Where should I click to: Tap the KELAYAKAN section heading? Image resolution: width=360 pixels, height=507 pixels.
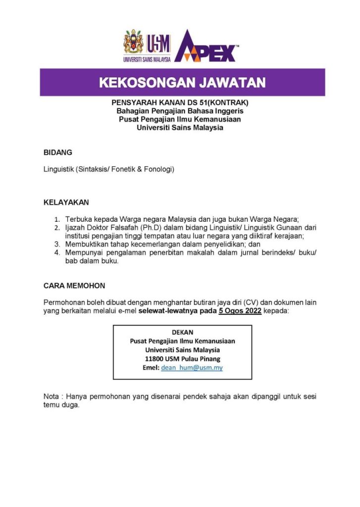click(66, 203)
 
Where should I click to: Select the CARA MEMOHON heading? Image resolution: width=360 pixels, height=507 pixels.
click(74, 286)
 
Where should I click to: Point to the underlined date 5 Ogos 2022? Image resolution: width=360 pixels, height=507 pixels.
click(240, 311)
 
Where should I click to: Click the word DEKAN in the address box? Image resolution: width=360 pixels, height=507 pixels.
click(182, 332)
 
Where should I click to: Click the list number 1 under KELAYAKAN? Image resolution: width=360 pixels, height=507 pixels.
click(57, 219)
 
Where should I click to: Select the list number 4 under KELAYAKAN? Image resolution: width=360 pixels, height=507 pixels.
click(57, 253)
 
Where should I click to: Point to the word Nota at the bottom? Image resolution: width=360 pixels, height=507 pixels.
click(51, 396)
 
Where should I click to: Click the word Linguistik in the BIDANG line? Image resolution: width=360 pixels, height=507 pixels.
click(58, 169)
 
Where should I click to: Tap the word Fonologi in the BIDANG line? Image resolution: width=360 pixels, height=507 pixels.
click(158, 169)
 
